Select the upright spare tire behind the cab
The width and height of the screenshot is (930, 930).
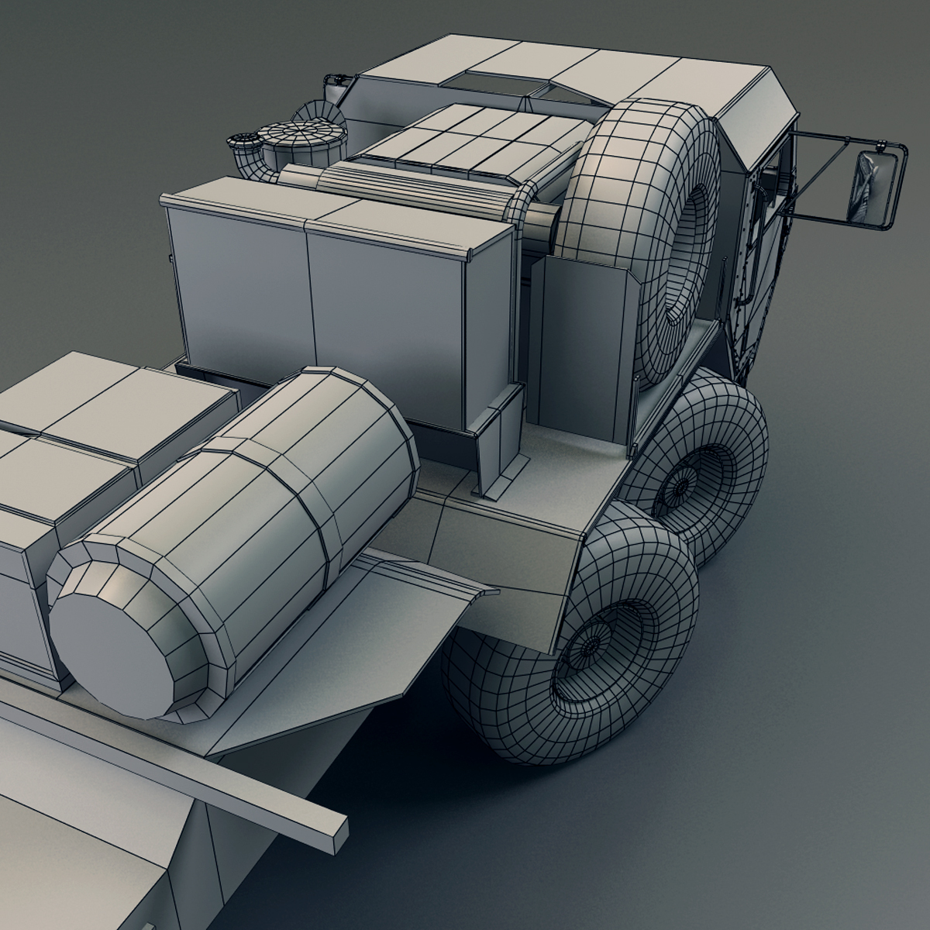coord(649,232)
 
